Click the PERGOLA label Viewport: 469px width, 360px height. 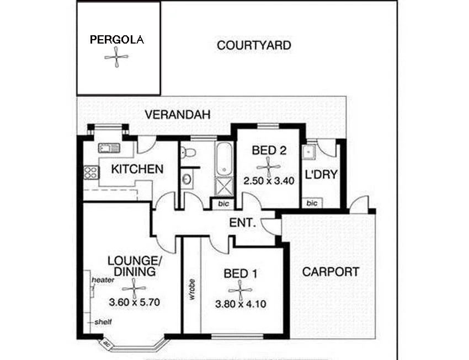(x=117, y=40)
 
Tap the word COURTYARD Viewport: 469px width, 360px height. (x=254, y=45)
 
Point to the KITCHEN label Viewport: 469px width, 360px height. (x=137, y=169)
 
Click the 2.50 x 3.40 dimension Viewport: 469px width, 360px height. (x=270, y=180)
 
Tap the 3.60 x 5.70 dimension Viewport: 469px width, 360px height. (x=134, y=302)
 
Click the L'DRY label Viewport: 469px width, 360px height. (x=322, y=175)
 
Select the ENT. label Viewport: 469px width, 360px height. (x=242, y=223)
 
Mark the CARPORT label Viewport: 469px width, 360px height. (x=331, y=271)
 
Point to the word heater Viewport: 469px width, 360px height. (x=103, y=280)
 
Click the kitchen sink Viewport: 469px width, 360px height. (x=109, y=147)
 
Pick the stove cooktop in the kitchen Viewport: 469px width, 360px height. (x=90, y=173)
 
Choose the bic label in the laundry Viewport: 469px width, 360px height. (x=312, y=203)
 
